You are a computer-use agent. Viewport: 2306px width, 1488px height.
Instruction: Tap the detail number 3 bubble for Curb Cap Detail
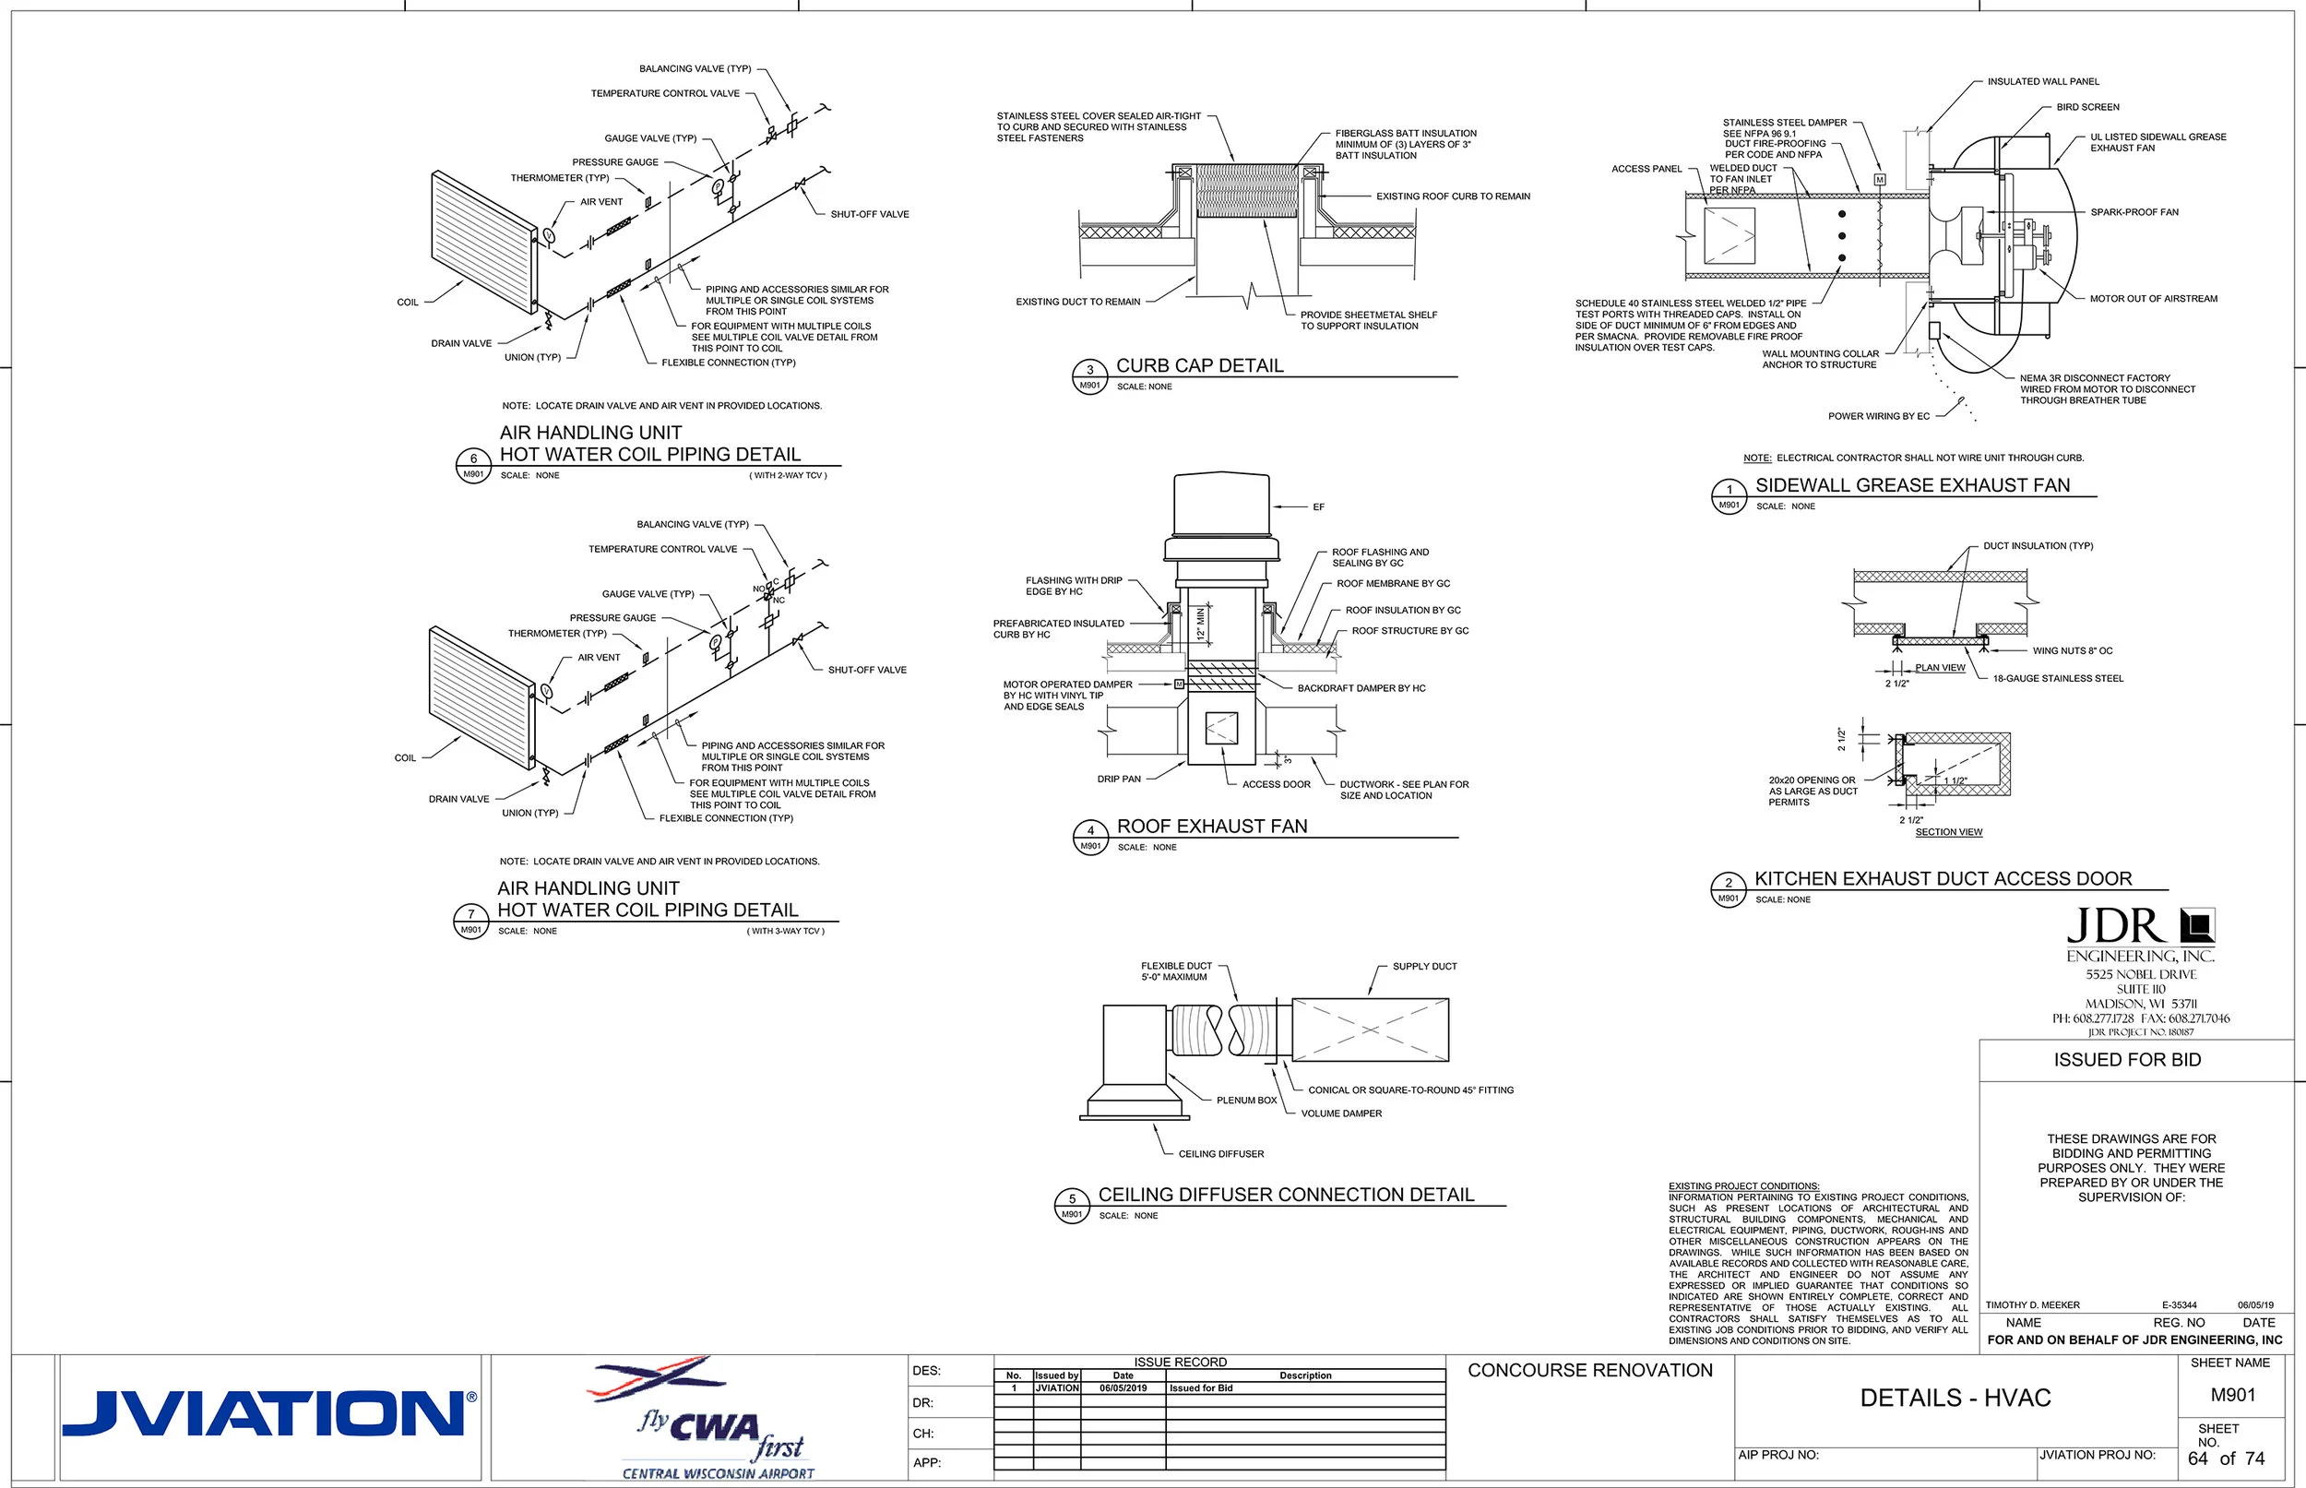pos(1089,371)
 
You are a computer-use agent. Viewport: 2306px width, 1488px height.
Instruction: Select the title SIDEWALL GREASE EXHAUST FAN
pos(1912,485)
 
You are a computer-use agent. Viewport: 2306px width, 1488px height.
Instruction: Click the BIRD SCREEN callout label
pos(2087,107)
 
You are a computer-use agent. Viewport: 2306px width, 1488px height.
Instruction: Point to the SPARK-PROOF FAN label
pos(2134,212)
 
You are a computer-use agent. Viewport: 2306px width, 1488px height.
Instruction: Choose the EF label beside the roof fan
pos(1319,507)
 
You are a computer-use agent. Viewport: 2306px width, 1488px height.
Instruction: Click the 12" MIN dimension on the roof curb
pos(1201,623)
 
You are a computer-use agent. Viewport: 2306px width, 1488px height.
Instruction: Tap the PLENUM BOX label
pos(1246,1101)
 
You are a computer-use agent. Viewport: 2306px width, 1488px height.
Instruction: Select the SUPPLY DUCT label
pos(1424,966)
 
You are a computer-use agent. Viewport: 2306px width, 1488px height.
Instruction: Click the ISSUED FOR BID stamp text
pos(2127,1060)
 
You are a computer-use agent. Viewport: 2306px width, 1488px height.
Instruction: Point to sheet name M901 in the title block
pos(2232,1395)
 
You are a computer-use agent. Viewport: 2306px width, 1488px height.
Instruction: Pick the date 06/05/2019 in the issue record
pos(1123,1387)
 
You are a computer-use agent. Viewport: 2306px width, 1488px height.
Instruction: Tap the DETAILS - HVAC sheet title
pos(1955,1399)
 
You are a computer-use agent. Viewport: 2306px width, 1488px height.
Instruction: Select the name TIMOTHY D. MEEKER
pos(2033,1305)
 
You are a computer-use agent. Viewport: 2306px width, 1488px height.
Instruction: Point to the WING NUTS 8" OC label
pos(2073,651)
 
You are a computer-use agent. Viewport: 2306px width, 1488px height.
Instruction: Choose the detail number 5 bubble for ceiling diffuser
pos(1071,1199)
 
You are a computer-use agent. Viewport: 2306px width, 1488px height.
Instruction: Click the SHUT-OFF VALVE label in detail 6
pos(870,215)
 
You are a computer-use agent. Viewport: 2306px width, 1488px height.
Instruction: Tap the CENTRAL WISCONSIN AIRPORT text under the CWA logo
pos(718,1473)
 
